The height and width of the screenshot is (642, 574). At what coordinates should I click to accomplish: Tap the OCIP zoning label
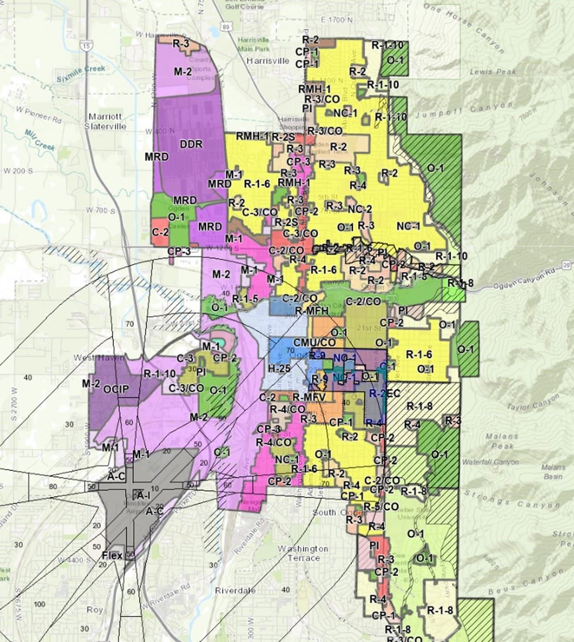click(x=116, y=389)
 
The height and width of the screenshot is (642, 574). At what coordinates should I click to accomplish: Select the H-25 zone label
click(x=279, y=369)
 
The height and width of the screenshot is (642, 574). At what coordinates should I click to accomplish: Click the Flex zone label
click(x=112, y=555)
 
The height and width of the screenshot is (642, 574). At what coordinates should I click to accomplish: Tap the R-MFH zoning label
click(x=312, y=311)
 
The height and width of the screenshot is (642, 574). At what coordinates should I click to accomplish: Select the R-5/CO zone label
click(x=381, y=507)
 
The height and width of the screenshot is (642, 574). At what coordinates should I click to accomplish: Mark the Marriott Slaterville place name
click(x=107, y=121)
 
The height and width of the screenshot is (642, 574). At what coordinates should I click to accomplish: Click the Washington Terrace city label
click(x=303, y=553)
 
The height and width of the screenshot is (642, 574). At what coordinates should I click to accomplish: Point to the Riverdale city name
click(x=235, y=590)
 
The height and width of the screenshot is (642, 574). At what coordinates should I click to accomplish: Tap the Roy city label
click(x=95, y=610)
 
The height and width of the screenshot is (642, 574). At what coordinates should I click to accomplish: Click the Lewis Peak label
click(x=493, y=72)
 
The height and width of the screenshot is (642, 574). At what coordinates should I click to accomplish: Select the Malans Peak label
click(x=501, y=441)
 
